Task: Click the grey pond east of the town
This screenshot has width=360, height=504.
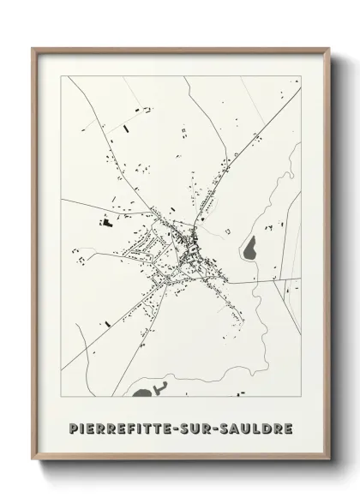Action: [249, 250]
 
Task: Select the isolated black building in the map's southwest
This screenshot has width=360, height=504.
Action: [109, 324]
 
